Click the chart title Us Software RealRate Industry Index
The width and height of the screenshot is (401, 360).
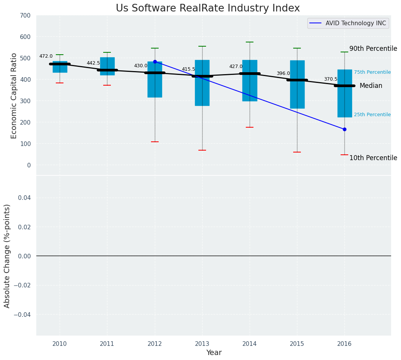pos(208,8)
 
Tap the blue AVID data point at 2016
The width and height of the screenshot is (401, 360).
pos(344,130)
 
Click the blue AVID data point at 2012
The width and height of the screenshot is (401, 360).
pos(155,62)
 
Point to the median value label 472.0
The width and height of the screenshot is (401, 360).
pos(46,56)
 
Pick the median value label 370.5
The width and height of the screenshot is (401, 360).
pos(331,79)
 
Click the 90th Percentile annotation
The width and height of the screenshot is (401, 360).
pos(373,49)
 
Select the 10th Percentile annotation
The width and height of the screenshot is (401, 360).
pos(373,158)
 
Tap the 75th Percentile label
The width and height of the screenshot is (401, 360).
pos(372,72)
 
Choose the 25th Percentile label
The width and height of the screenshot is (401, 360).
pos(372,115)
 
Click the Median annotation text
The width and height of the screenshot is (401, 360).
pos(371,86)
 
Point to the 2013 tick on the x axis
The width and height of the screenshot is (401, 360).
pos(202,344)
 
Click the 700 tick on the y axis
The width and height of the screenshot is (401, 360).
pos(26,16)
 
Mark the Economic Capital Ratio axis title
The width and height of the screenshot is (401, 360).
pos(14,96)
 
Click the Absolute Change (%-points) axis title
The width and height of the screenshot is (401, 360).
pos(7,256)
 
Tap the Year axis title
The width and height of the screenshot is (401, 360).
pos(214,353)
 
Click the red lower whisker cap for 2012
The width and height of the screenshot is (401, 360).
pos(155,142)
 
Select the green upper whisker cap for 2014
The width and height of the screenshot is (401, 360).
pos(250,42)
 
